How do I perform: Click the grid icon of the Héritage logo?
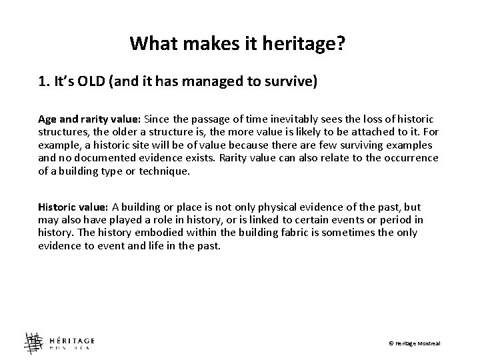coord(34,341)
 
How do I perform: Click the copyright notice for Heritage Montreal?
coord(415,343)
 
